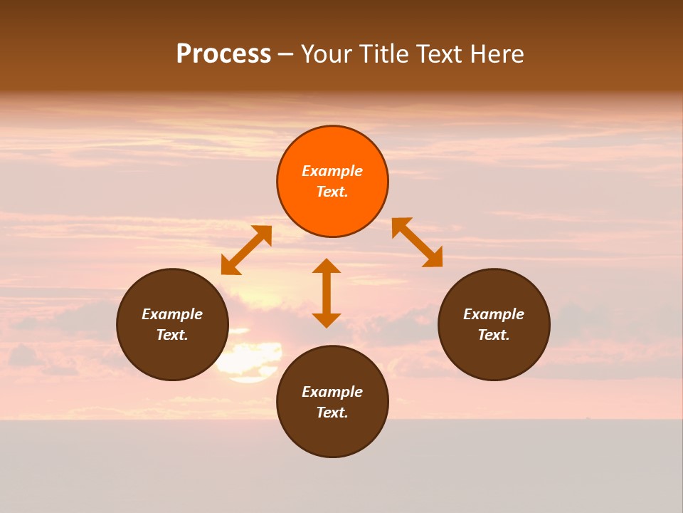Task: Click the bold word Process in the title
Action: (223, 54)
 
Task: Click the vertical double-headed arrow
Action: (327, 293)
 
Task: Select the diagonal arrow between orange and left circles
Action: (246, 250)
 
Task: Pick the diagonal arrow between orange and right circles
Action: (417, 242)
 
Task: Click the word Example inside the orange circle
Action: (332, 171)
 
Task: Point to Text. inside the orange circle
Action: (332, 192)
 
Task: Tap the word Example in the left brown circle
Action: (172, 314)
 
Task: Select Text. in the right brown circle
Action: (494, 335)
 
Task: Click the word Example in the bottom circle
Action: (332, 392)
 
